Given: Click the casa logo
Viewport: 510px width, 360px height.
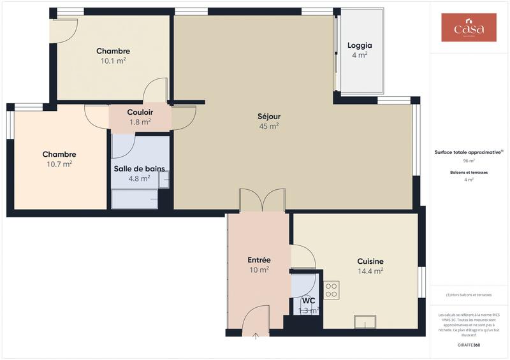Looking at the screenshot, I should click(469, 27).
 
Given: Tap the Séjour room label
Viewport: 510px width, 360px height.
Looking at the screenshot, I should click(268, 117).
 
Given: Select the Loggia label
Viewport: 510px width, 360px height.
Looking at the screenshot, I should click(360, 46).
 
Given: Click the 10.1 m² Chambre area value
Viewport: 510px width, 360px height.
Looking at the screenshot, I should click(113, 61).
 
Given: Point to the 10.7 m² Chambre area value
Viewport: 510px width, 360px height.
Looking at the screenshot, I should click(59, 164).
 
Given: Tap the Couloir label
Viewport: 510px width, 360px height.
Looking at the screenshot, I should click(140, 112).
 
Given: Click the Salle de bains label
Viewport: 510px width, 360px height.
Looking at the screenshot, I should click(139, 169).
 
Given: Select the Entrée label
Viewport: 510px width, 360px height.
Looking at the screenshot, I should click(259, 260).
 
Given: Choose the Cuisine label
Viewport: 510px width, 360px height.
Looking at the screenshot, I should click(370, 261).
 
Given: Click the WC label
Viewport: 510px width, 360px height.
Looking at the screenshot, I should click(309, 301).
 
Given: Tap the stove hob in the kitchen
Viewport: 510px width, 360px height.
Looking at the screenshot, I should click(331, 290).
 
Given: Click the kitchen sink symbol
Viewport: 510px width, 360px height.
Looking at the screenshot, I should click(365, 322).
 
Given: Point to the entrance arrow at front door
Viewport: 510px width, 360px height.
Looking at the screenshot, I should click(256, 335).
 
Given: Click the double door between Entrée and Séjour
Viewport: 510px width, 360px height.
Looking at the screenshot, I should click(262, 200).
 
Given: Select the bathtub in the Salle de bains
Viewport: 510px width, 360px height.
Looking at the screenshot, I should click(135, 199).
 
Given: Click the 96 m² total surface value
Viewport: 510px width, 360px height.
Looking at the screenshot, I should click(469, 161).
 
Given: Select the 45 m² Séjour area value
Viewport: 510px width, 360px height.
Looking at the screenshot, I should click(268, 126).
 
